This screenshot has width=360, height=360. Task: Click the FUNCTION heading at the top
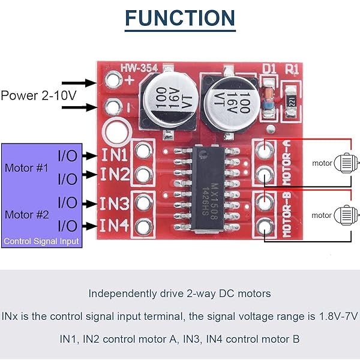(x=180, y=19)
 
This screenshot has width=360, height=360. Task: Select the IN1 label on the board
(x=114, y=155)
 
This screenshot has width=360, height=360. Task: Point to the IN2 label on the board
(x=114, y=175)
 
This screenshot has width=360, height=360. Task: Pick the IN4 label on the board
(x=114, y=226)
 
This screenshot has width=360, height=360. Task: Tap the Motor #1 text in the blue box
(x=26, y=167)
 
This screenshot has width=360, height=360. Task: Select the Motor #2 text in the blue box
(x=26, y=214)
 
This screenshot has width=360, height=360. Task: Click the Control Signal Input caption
(x=41, y=242)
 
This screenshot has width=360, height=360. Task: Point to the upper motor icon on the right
(x=344, y=162)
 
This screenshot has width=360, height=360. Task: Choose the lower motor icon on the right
(x=344, y=214)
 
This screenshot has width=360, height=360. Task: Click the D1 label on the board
(x=269, y=70)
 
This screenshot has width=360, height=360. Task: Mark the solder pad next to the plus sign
(x=112, y=79)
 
